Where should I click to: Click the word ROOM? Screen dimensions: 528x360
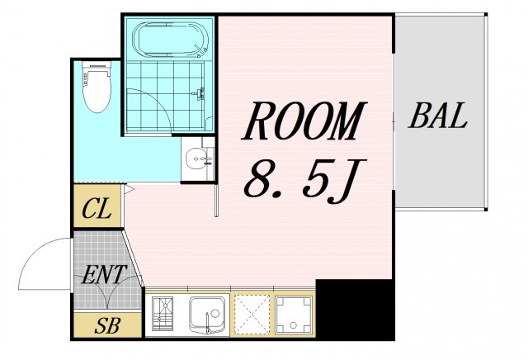[304, 121]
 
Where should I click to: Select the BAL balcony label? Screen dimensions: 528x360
[438, 116]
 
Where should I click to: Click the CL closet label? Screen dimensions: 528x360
[97, 208]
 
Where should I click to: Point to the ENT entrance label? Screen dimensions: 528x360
[104, 274]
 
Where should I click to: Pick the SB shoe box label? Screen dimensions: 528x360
[107, 325]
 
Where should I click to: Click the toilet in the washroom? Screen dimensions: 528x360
[97, 87]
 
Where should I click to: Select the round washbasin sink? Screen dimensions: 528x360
[198, 158]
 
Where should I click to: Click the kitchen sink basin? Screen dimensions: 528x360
[207, 312]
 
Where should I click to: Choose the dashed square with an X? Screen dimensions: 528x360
[252, 315]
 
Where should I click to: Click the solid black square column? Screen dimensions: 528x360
[355, 310]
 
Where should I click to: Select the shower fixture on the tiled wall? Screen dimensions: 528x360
[200, 93]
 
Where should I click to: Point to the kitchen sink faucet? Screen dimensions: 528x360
[209, 322]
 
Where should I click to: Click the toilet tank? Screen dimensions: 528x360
[97, 66]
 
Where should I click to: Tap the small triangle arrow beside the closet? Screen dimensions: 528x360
[129, 189]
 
